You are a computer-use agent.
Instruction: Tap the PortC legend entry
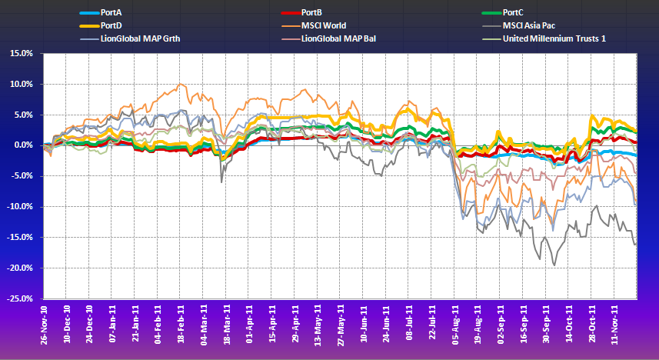(514, 13)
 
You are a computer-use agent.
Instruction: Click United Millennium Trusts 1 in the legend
(554, 38)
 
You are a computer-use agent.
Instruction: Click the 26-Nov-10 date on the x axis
(45, 323)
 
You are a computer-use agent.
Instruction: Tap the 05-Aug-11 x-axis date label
(453, 323)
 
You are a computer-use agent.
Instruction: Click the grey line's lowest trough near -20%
(554, 265)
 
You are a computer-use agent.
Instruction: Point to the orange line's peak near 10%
(180, 84)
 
